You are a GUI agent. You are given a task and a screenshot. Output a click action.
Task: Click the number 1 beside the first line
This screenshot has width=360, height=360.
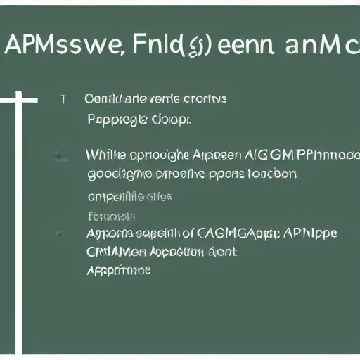coord(63,99)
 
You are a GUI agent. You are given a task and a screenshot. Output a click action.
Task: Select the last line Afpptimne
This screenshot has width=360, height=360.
coord(119,269)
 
